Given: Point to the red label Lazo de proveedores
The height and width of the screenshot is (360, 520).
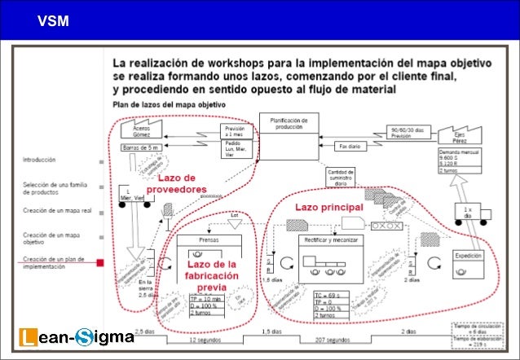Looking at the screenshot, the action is point(177,184).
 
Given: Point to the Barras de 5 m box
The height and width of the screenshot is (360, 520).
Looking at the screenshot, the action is point(139,147).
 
